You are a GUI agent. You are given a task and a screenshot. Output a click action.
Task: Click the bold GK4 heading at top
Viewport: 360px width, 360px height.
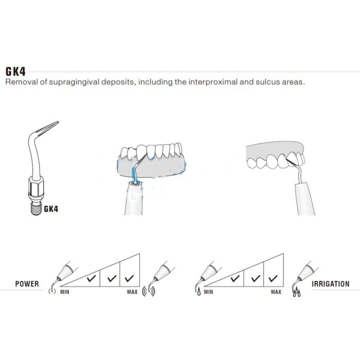pyautogui.click(x=15, y=71)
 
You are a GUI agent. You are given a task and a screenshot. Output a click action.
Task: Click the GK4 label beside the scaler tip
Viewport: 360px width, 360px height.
pyautogui.click(x=51, y=209)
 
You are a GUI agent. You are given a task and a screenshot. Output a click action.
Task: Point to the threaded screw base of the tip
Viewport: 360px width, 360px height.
pyautogui.click(x=35, y=209)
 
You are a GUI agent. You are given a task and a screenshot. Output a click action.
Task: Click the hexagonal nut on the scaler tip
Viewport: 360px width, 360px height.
pyautogui.click(x=36, y=186)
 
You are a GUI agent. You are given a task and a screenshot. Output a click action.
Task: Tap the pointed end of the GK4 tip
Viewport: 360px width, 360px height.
pyautogui.click(x=58, y=122)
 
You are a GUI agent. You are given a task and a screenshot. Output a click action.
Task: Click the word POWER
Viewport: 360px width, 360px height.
pyautogui.click(x=27, y=284)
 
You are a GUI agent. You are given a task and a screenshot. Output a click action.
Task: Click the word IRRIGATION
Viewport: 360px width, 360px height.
pyautogui.click(x=331, y=284)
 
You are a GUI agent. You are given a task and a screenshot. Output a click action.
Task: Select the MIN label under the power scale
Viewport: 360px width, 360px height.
pyautogui.click(x=65, y=292)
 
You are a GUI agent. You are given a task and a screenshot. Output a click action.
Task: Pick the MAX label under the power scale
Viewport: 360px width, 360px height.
pyautogui.click(x=132, y=292)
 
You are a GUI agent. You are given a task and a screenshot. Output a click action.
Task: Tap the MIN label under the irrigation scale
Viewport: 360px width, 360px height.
pyautogui.click(x=208, y=292)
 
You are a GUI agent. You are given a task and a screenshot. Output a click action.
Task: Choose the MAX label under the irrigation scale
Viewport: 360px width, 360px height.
pyautogui.click(x=276, y=292)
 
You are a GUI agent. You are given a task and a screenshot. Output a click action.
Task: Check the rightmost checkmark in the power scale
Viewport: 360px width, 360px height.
pyautogui.click(x=130, y=278)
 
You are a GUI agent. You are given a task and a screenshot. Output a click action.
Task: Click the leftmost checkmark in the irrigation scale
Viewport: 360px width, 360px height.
pyautogui.click(x=235, y=279)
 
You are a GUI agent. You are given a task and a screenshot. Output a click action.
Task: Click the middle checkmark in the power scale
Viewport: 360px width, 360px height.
pyautogui.click(x=112, y=278)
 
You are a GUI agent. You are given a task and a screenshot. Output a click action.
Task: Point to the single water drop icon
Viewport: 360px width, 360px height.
pyautogui.click(x=199, y=292)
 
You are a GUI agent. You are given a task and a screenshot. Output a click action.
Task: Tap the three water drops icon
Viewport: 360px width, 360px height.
pyautogui.click(x=297, y=292)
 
